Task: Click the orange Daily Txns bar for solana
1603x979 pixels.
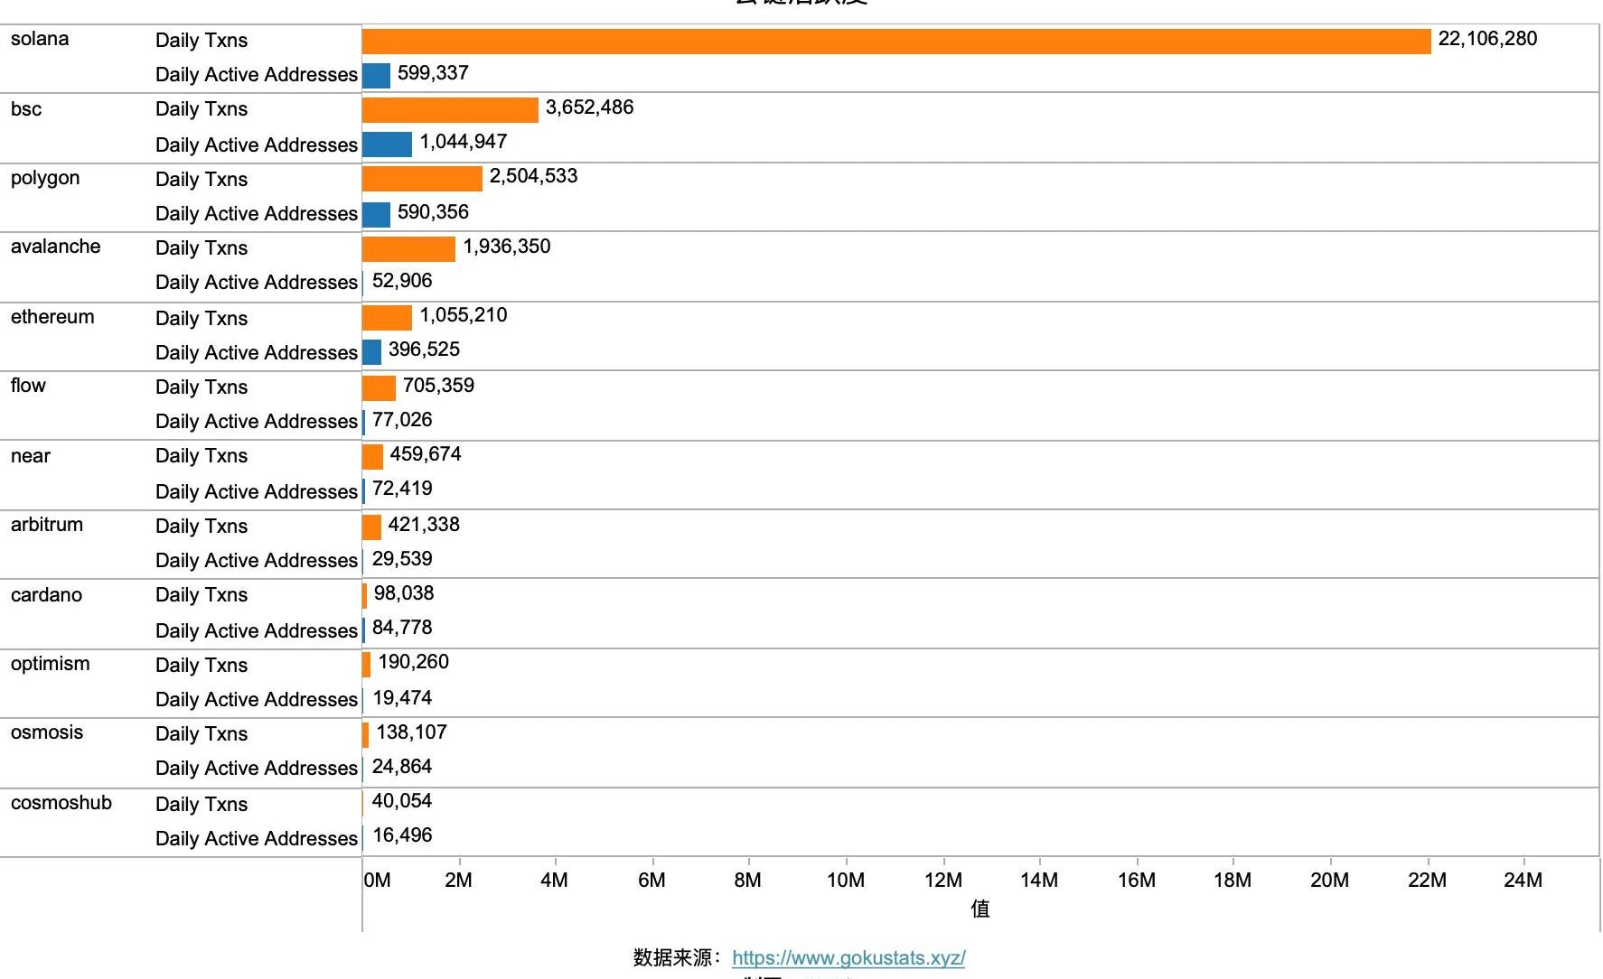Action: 895,42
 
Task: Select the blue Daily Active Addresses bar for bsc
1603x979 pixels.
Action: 387,145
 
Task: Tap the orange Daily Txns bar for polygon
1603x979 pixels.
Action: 422,179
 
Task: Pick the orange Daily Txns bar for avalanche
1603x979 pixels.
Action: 408,248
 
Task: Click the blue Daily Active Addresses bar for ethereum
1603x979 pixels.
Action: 371,352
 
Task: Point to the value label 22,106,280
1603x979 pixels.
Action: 1487,39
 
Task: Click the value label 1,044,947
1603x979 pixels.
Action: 464,142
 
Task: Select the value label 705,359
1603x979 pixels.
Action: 438,386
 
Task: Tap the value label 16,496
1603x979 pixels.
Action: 402,835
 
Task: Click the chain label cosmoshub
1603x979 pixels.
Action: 61,803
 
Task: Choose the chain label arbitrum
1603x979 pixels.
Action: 47,525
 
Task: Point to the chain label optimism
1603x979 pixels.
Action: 51,664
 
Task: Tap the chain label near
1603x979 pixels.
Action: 31,456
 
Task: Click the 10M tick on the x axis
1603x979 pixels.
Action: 846,880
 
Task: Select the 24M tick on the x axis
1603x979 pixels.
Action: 1523,880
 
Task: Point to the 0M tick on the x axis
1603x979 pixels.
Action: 377,880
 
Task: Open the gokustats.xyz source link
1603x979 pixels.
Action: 848,958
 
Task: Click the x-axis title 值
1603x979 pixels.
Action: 980,909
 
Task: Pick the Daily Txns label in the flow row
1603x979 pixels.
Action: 202,387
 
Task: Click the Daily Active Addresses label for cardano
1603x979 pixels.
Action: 257,631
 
